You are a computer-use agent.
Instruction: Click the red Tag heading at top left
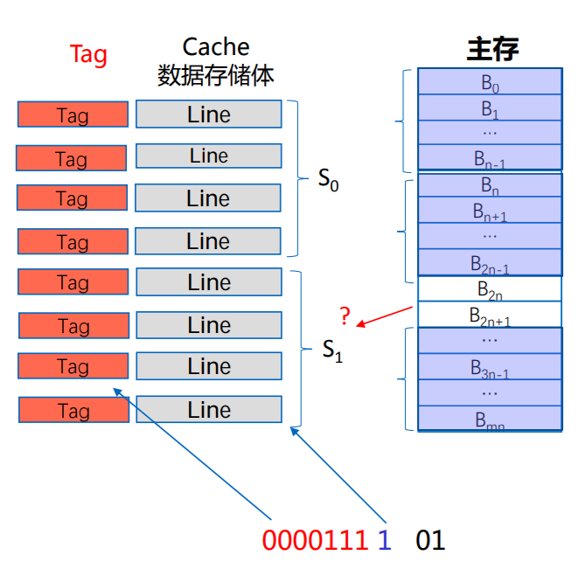(x=88, y=55)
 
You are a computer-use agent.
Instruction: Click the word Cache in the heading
(x=216, y=47)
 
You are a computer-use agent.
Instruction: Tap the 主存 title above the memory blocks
(x=492, y=49)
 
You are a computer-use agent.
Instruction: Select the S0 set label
(x=328, y=182)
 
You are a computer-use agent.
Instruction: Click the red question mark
(x=345, y=316)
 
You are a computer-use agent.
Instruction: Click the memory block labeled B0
(x=489, y=83)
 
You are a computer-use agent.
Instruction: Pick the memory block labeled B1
(x=489, y=108)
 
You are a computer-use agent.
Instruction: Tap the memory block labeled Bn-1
(x=489, y=159)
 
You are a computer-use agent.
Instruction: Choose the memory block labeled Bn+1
(x=489, y=212)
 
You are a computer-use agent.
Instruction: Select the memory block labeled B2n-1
(x=489, y=262)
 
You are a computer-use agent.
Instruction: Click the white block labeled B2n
(x=489, y=288)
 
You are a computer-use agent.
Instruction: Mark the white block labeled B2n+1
(x=489, y=315)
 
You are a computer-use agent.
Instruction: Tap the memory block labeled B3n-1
(x=489, y=366)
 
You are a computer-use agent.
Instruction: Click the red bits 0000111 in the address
(x=315, y=540)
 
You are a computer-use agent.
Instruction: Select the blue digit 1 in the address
(x=383, y=540)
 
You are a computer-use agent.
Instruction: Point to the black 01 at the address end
(x=430, y=540)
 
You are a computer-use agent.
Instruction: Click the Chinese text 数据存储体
(x=216, y=75)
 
